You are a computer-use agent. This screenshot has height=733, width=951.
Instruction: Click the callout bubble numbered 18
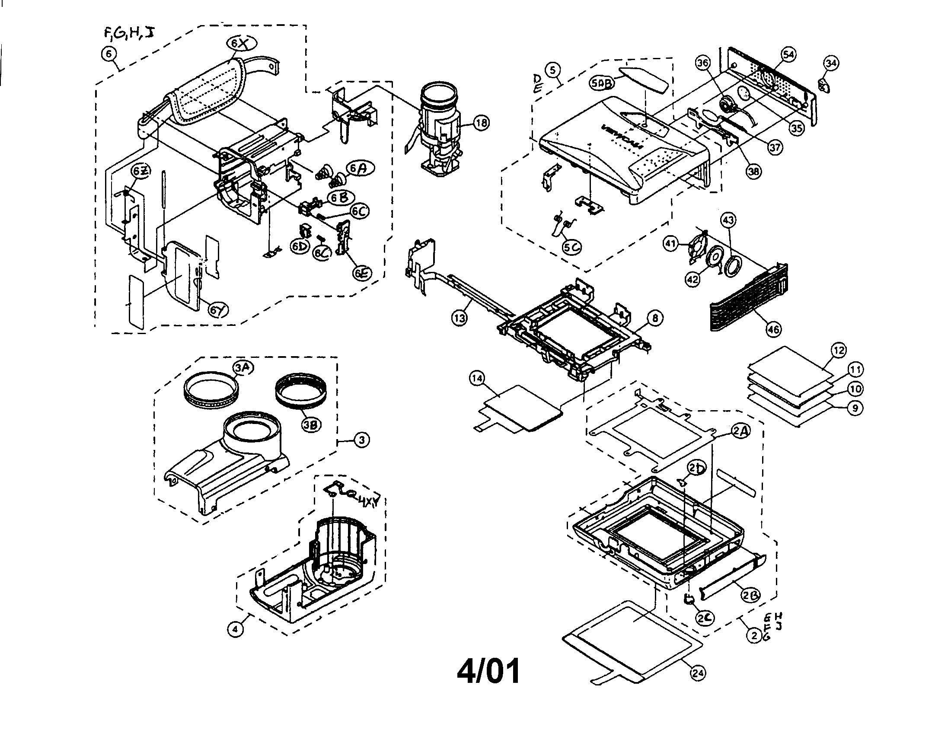[481, 123]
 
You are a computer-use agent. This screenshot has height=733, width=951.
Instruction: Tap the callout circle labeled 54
[788, 55]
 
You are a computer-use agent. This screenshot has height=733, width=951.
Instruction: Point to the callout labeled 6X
[242, 43]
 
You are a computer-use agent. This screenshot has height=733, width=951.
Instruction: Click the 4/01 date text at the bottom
[488, 672]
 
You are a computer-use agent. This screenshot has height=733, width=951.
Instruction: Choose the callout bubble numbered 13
[460, 318]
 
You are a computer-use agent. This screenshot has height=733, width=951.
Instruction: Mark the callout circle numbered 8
[655, 319]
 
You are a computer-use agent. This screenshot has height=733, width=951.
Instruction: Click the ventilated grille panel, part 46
[747, 301]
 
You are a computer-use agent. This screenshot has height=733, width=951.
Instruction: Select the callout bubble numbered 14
[477, 378]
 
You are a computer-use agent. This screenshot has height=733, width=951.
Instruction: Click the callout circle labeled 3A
[243, 368]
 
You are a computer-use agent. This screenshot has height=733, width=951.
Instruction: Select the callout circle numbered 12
[838, 350]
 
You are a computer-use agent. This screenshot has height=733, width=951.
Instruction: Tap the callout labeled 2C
[704, 618]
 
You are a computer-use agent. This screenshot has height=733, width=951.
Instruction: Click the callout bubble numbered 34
[831, 63]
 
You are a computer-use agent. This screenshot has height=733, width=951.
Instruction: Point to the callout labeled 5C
[571, 248]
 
